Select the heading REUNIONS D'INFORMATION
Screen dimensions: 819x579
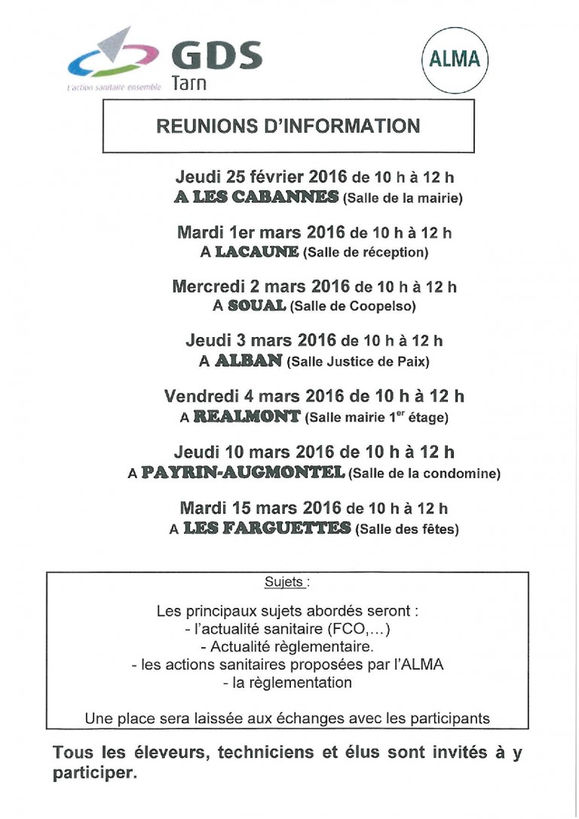(x=288, y=125)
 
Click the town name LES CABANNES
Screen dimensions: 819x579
(x=256, y=198)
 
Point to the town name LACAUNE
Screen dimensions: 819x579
(x=257, y=252)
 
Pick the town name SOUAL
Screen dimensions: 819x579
(x=256, y=305)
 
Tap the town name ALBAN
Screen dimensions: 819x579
(x=248, y=360)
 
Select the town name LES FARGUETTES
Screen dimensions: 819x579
(x=268, y=528)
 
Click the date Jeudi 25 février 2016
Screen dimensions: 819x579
(x=261, y=178)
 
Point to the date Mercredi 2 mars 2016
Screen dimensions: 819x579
(x=261, y=287)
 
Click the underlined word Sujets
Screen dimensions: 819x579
(x=285, y=582)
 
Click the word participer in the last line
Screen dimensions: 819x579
(x=95, y=774)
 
